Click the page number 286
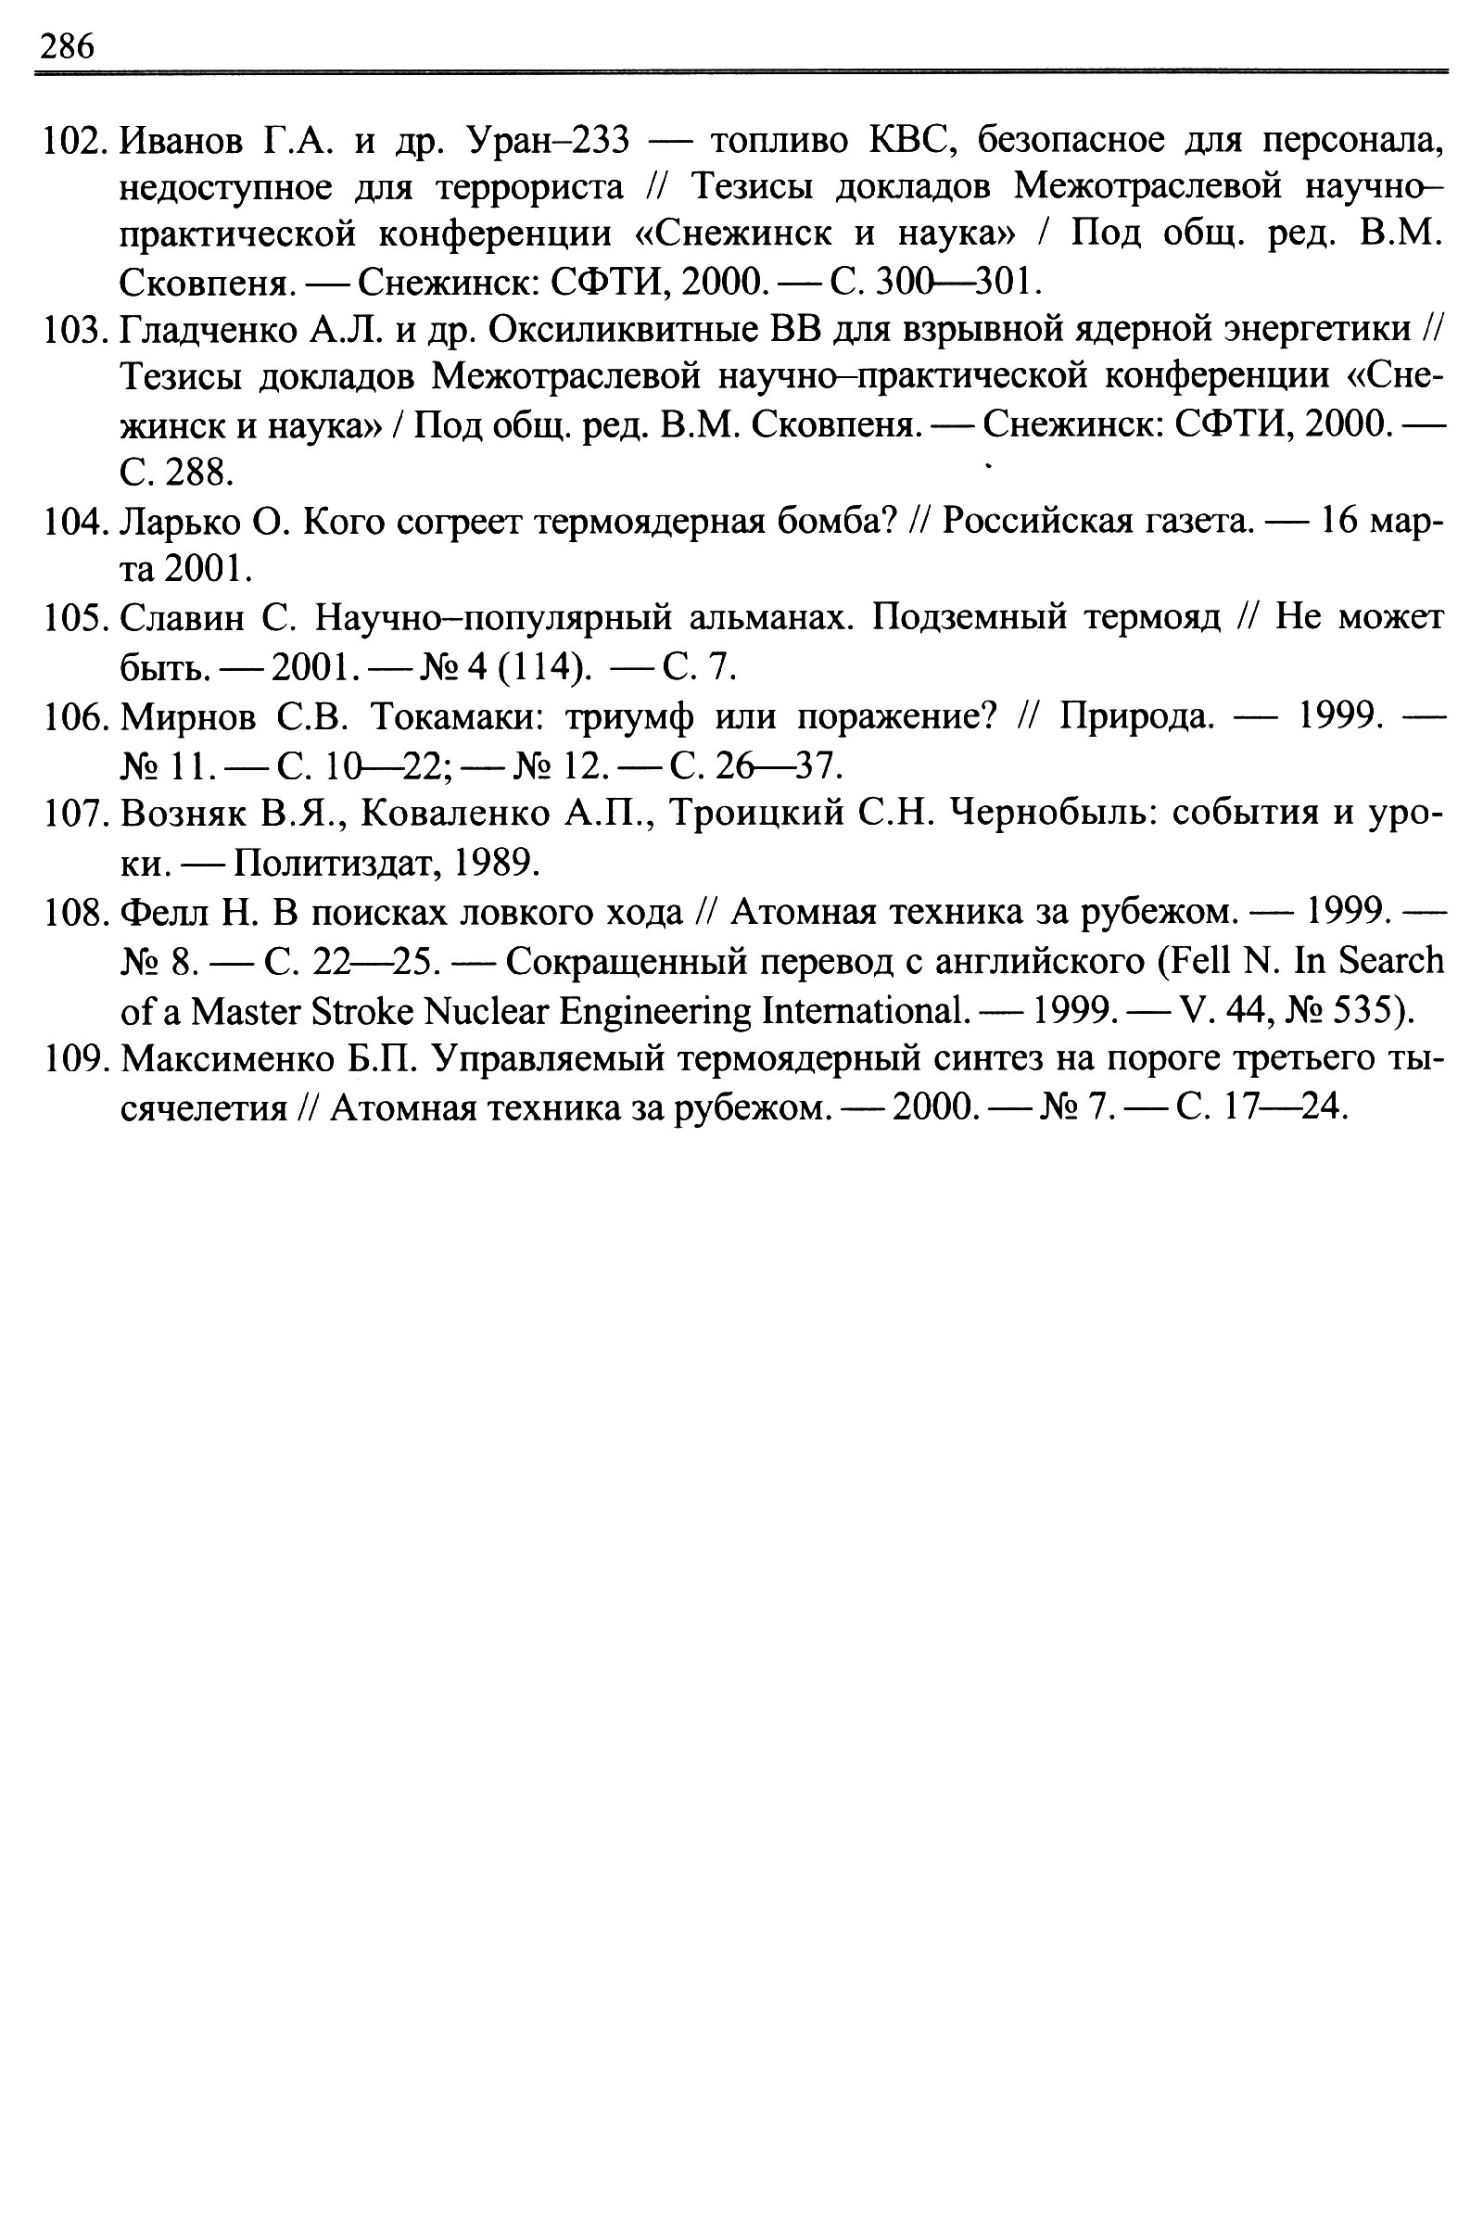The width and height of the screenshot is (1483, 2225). pyautogui.click(x=66, y=45)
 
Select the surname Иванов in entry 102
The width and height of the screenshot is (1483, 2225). pyautogui.click(x=181, y=142)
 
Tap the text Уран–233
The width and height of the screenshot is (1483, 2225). pyautogui.click(x=549, y=141)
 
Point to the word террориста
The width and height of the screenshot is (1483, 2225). pyautogui.click(x=529, y=188)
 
